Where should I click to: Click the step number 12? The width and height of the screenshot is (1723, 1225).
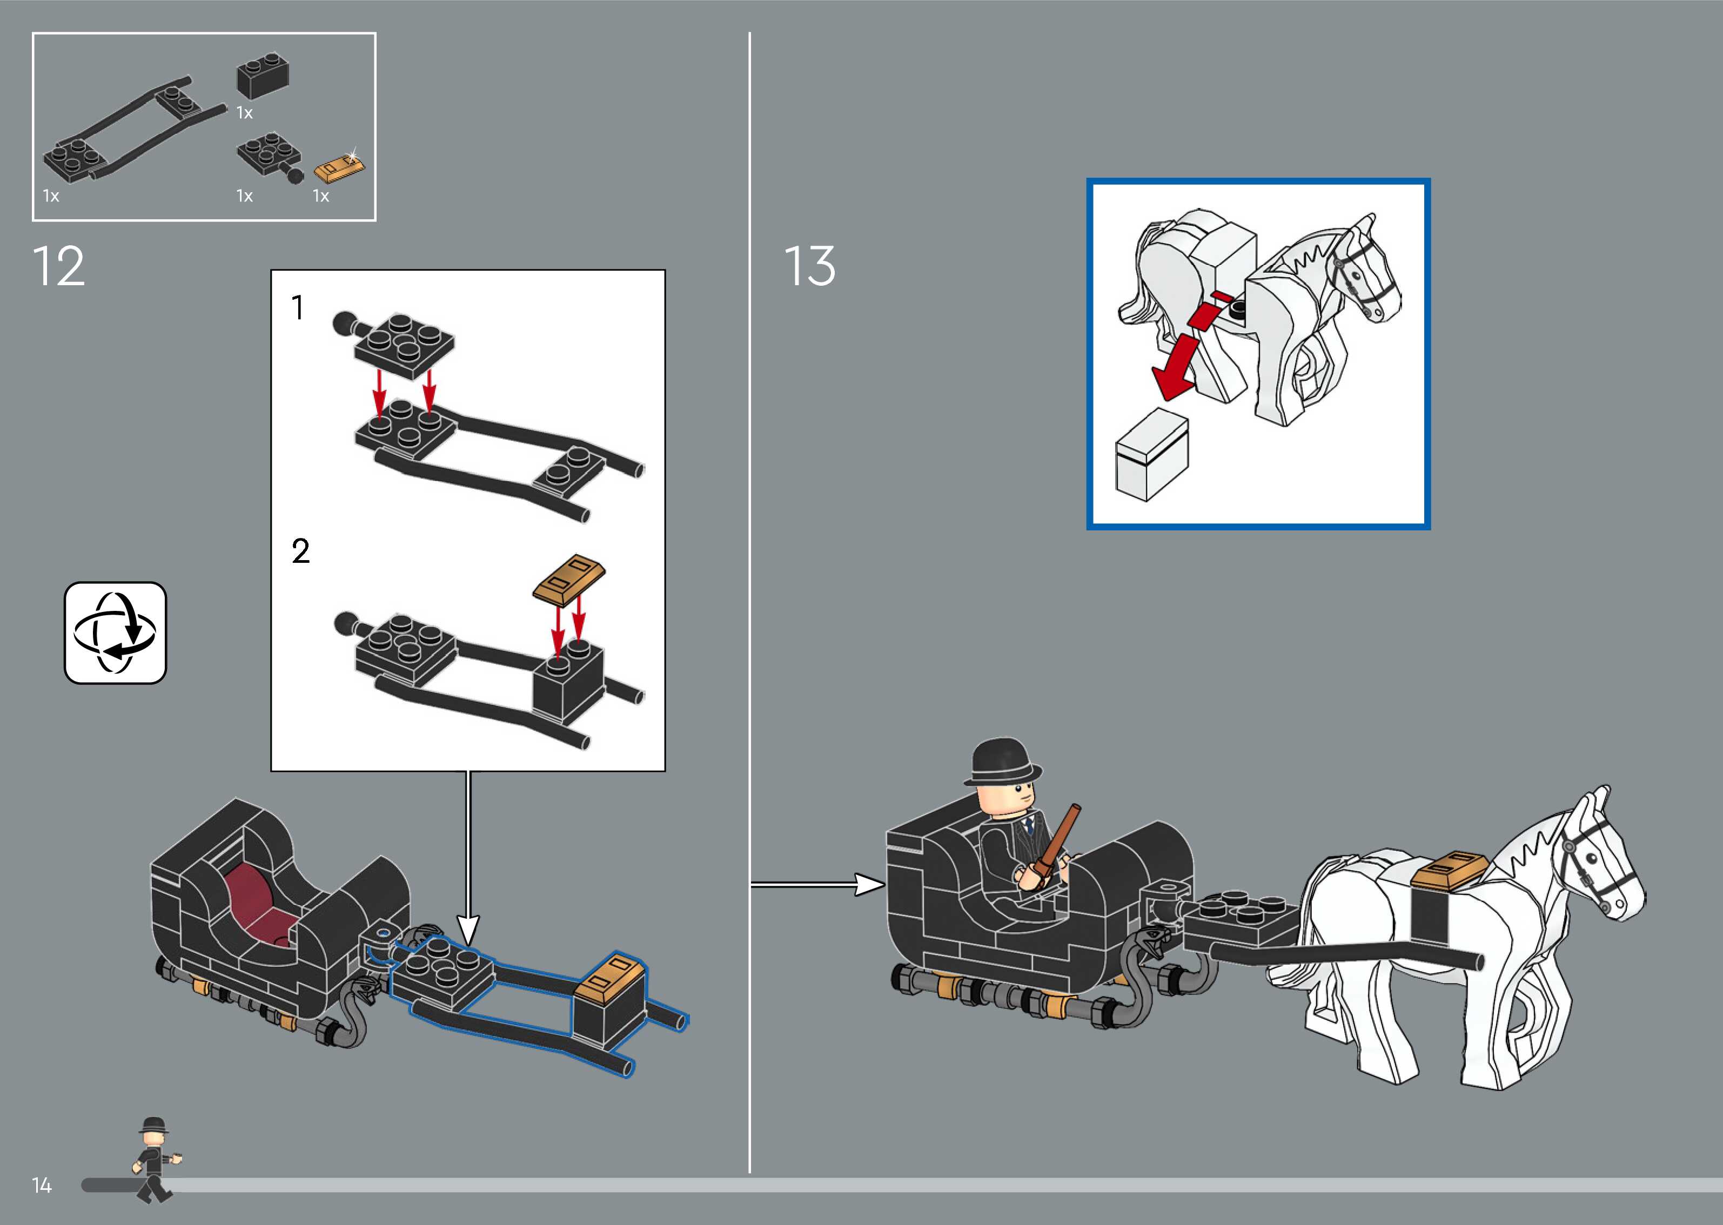(x=59, y=266)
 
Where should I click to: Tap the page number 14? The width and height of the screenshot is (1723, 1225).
(x=42, y=1186)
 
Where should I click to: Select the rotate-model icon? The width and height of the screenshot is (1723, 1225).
(x=116, y=633)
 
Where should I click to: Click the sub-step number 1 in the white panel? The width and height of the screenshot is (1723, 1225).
(x=298, y=308)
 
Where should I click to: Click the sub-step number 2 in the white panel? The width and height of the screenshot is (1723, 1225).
(x=300, y=551)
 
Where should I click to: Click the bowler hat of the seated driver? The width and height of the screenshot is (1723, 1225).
(x=1002, y=763)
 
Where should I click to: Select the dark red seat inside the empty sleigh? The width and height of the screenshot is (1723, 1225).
(x=260, y=901)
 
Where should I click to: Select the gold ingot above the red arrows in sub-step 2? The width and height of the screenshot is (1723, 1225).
(x=569, y=580)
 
